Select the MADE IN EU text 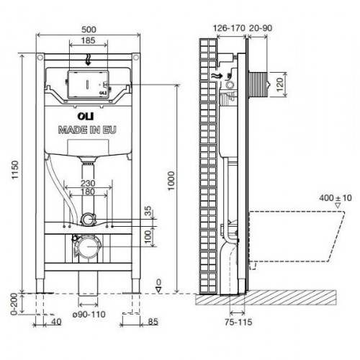click(x=87, y=130)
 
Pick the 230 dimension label click(x=87, y=184)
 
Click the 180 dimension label click(x=87, y=193)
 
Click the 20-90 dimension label click(x=261, y=28)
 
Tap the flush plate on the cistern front click(x=86, y=85)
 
